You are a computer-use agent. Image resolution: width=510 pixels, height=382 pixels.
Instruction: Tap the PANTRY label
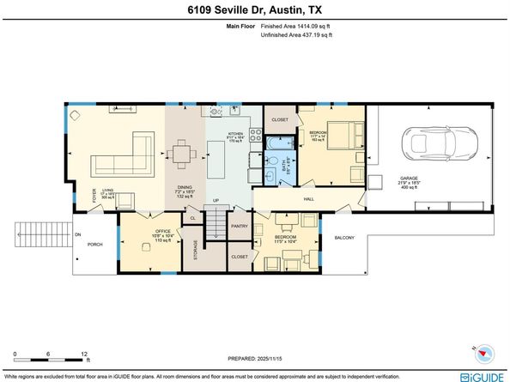coord(239,227)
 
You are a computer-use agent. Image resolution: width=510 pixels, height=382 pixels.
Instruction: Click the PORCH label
coord(94,244)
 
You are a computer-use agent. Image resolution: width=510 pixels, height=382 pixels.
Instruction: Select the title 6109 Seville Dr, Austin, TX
coord(254,9)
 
